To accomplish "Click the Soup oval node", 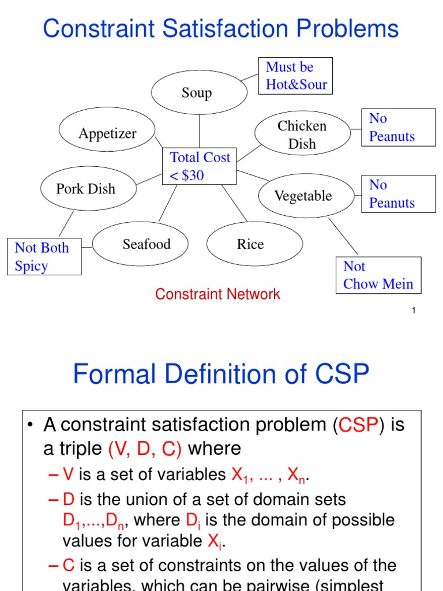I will (197, 92).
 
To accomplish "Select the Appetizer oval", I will (107, 133).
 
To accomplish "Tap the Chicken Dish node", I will (302, 134).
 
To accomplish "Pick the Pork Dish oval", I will (86, 189).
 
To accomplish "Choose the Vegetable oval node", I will (303, 196).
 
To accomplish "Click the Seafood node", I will (147, 244).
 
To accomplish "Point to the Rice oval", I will (250, 244).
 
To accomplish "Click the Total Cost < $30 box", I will (200, 166).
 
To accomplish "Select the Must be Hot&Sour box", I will (296, 76).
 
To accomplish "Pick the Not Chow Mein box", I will (378, 275).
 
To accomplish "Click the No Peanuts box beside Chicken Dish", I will (398, 128).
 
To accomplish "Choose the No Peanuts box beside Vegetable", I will (398, 194).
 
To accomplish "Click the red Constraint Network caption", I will (217, 294).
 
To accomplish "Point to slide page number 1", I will (414, 311).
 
